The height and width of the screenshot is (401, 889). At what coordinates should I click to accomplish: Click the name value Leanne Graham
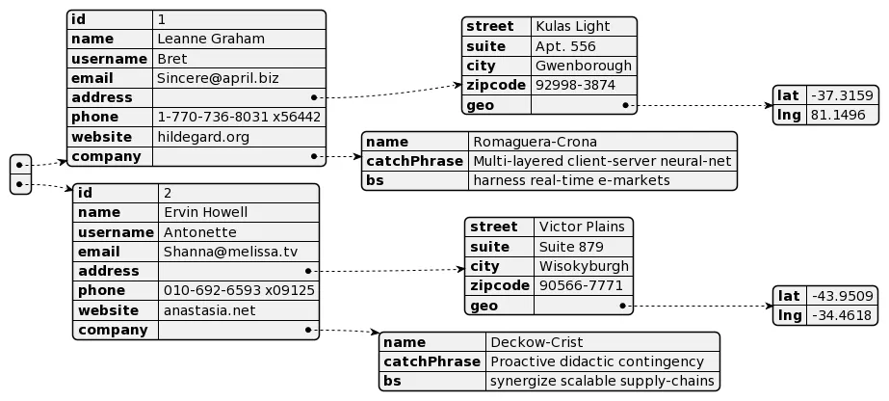point(211,40)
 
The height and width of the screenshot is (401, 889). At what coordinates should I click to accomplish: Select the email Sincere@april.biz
point(218,78)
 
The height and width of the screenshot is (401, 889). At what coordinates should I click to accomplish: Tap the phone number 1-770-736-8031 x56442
point(239,117)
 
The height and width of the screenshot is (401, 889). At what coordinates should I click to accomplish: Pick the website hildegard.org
point(203,137)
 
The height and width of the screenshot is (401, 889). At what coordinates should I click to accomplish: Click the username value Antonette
point(200,232)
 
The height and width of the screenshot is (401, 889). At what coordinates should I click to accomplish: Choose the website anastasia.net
point(210,310)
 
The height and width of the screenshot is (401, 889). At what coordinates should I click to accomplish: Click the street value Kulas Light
point(573,26)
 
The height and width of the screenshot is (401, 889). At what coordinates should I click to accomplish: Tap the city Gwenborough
point(584,66)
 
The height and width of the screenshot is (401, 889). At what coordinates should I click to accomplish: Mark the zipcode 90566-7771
point(581,285)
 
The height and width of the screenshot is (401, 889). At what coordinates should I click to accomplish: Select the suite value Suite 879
point(571,247)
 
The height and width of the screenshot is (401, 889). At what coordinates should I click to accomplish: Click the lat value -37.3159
point(842,95)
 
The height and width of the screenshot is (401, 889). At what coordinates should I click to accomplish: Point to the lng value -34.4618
point(842,315)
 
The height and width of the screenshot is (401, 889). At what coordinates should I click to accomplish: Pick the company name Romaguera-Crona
point(535,142)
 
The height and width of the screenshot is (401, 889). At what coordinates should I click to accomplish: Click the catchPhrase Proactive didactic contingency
point(597,361)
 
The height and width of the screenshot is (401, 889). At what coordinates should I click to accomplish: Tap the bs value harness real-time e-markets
point(571,180)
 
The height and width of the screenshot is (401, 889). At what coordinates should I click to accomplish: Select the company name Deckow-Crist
point(536,342)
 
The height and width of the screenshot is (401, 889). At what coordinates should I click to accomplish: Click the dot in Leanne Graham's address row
point(314,97)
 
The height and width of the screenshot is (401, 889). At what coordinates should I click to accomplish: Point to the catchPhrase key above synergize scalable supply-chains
point(432,361)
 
